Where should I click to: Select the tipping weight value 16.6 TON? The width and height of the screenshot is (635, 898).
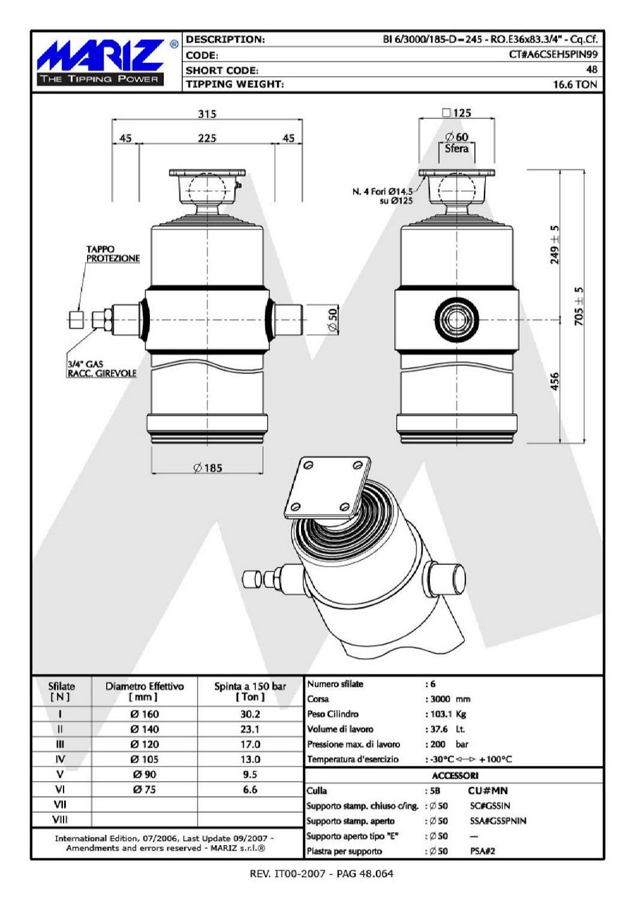coord(575,84)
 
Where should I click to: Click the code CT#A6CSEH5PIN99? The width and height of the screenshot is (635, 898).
coord(553,55)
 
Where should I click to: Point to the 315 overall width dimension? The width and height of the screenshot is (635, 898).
coord(207,114)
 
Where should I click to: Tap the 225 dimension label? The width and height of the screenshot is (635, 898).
coord(207,138)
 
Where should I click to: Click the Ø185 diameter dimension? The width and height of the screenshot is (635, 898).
coord(208,468)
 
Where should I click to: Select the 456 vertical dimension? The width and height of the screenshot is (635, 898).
coord(554,381)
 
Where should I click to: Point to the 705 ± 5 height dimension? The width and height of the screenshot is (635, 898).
coord(579,306)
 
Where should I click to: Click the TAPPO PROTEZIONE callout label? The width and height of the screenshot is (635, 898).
coord(113,254)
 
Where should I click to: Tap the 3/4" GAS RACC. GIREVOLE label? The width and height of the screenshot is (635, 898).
coord(102,369)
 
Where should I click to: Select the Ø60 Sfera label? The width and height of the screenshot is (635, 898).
coord(457,143)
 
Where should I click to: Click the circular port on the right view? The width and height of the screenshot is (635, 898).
coord(457,319)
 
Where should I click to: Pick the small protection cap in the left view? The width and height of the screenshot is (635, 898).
coord(76,320)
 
